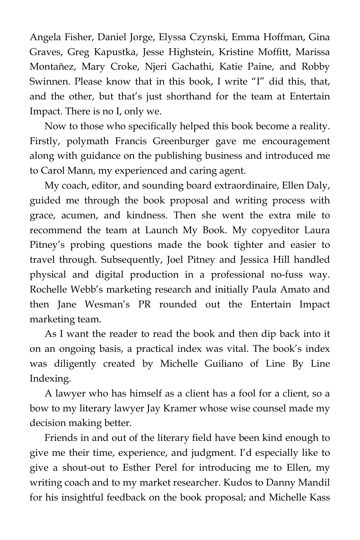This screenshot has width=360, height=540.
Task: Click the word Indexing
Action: pos(50,379)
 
